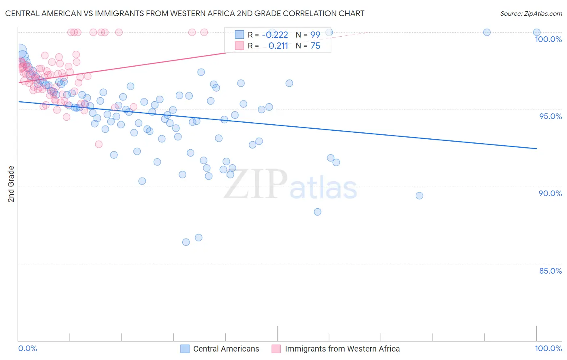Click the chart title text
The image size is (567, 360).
click(x=185, y=13)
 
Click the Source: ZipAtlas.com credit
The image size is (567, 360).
click(x=531, y=13)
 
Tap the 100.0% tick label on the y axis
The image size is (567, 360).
click(x=548, y=39)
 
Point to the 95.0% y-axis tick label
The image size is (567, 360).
click(x=550, y=116)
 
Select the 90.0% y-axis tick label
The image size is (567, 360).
click(x=550, y=193)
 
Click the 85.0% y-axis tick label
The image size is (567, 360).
click(x=550, y=271)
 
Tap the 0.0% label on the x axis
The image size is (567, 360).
click(x=27, y=348)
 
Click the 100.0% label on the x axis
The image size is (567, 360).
click(x=548, y=348)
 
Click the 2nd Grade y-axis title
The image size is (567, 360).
click(x=11, y=184)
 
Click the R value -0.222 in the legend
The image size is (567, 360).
click(x=275, y=35)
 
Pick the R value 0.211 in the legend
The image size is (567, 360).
click(x=278, y=46)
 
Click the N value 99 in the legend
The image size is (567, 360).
click(x=315, y=35)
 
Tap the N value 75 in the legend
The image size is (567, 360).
click(x=315, y=46)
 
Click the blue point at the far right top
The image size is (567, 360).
click(x=537, y=32)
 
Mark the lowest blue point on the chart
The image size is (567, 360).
click(x=186, y=242)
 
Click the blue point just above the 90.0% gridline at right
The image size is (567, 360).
click(x=419, y=196)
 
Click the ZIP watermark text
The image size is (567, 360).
click(x=256, y=184)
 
